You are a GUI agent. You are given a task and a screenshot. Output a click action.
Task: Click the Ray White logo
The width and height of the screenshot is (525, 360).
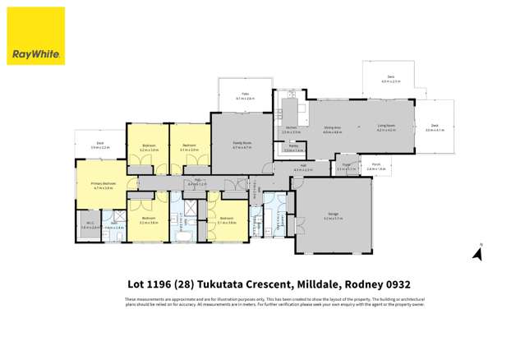pos(35,35)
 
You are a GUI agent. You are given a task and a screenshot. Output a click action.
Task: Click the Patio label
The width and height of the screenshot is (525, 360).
pos(245,95)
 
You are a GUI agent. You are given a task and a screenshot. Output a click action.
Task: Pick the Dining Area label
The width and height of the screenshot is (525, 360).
pos(332,128)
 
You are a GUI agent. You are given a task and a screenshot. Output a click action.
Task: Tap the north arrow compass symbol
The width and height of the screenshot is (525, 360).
pos(477,252)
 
